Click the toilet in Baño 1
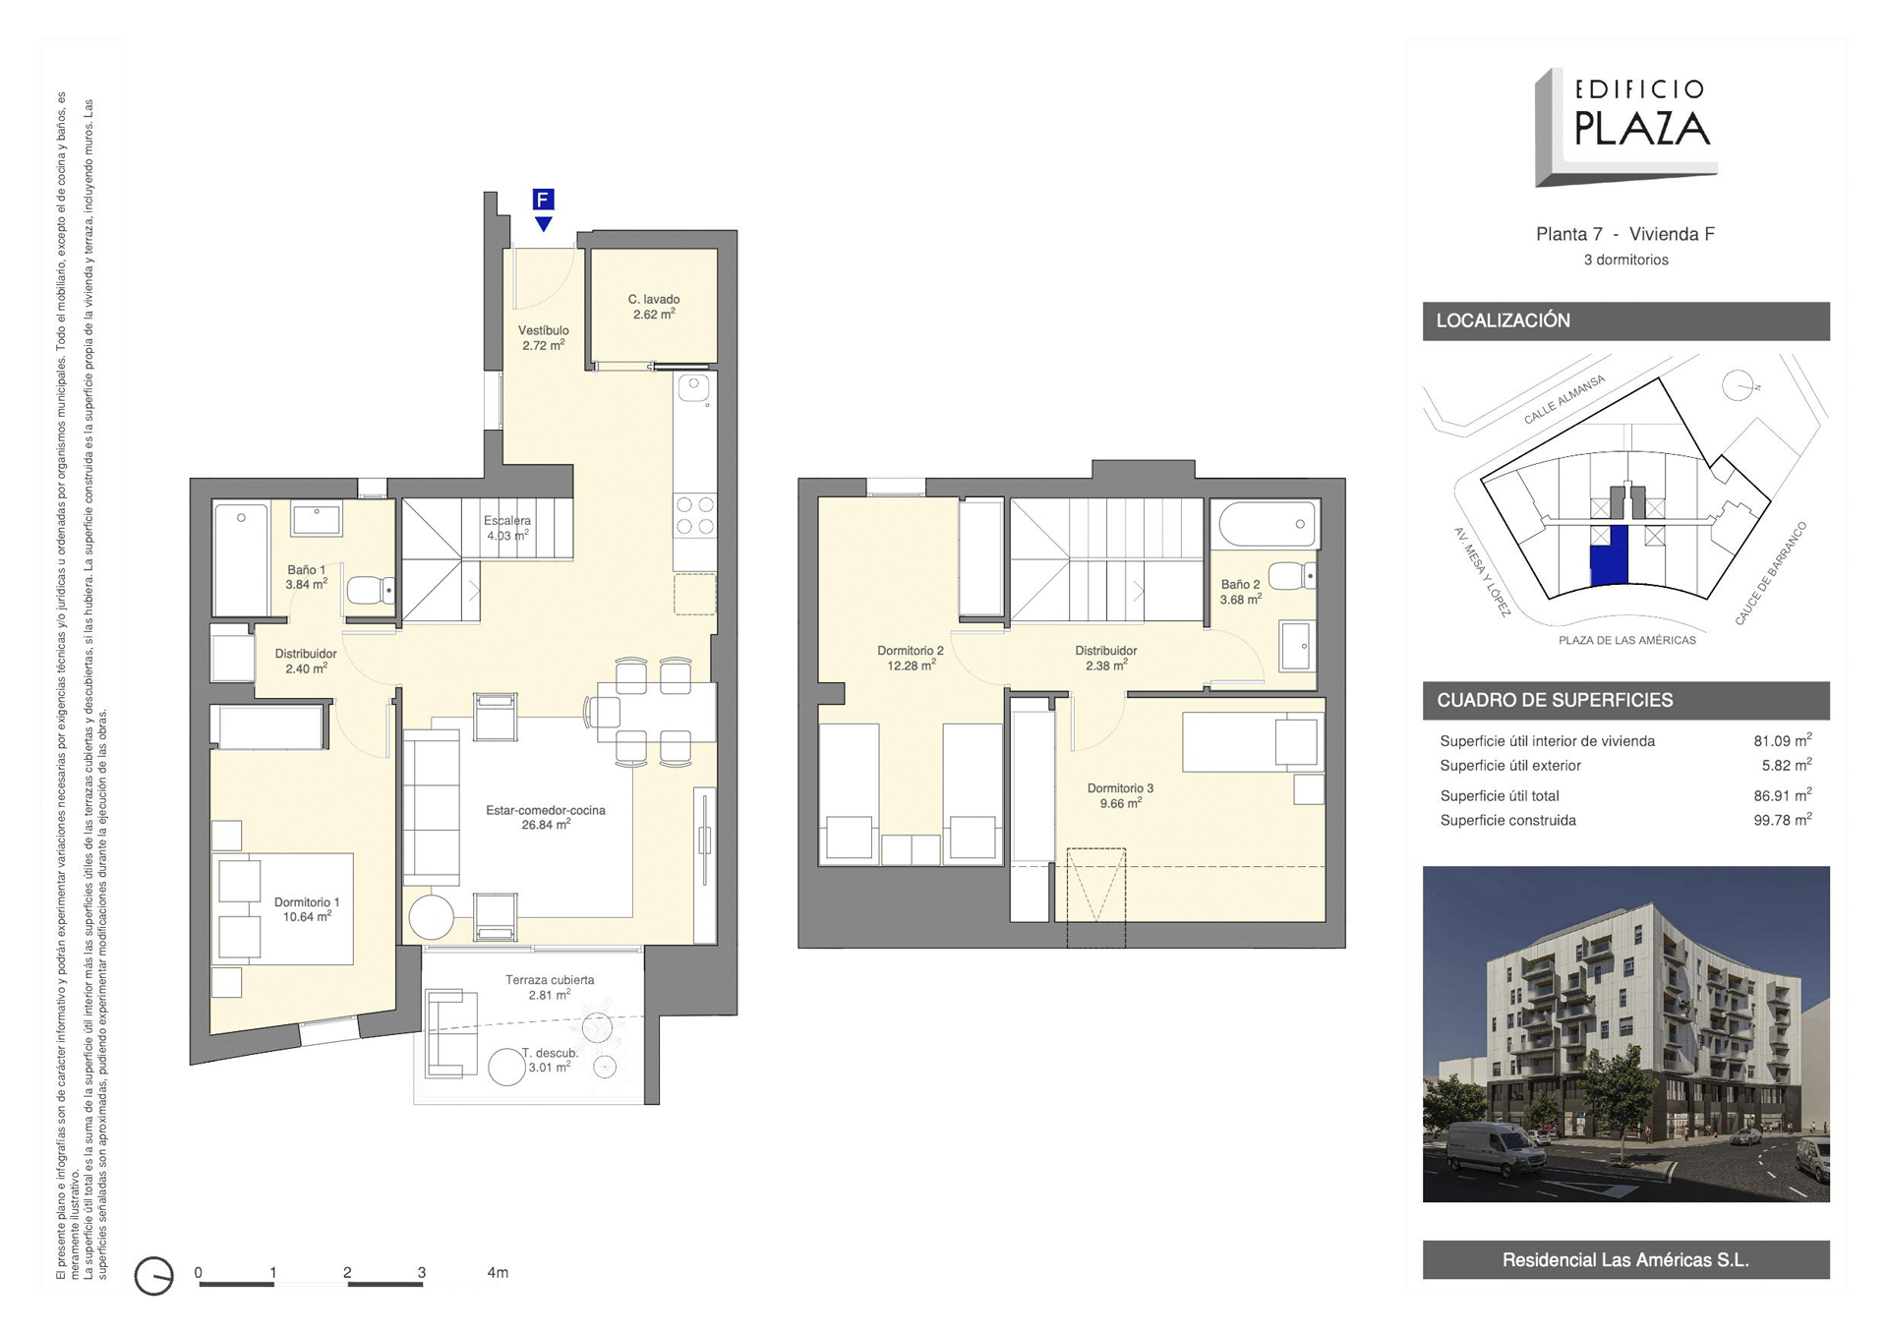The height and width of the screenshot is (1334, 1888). (371, 589)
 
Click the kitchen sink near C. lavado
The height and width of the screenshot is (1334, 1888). (694, 387)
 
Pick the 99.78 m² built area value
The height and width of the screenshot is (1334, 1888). (1783, 820)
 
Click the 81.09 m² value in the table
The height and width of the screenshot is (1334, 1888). (1783, 741)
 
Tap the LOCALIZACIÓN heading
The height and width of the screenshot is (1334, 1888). (1503, 320)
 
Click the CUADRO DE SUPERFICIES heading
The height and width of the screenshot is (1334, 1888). (1555, 700)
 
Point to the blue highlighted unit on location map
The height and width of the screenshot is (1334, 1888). (1609, 555)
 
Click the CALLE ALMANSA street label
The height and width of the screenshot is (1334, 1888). (1563, 399)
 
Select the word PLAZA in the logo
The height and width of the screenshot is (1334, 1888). (1642, 129)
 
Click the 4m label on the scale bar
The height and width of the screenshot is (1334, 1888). (498, 1272)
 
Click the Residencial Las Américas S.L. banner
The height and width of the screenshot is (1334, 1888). (1625, 1259)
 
